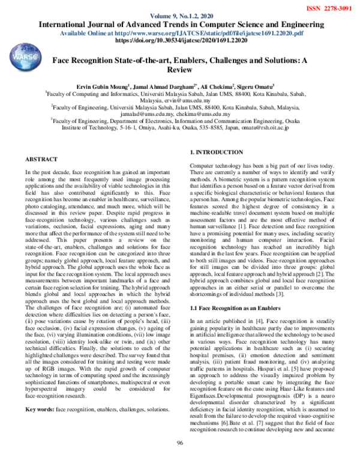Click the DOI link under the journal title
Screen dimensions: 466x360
[x=180, y=41]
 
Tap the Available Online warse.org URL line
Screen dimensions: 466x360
[x=180, y=33]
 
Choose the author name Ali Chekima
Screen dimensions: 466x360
[x=215, y=86]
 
